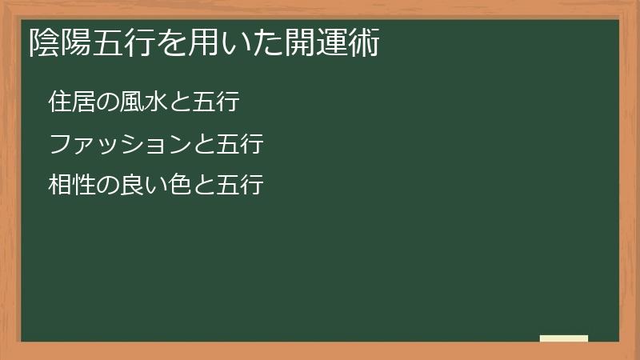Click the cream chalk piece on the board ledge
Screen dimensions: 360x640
pos(564,338)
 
